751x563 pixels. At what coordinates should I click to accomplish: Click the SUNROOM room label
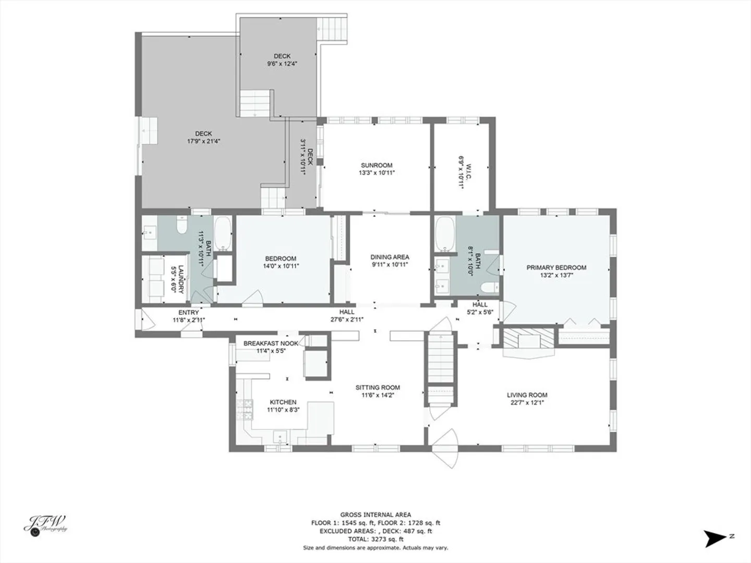click(x=377, y=165)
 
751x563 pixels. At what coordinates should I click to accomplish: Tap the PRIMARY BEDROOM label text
click(x=556, y=267)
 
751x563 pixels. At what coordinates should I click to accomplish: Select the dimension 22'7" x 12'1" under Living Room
click(x=527, y=402)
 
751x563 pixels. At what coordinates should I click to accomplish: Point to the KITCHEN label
click(x=283, y=402)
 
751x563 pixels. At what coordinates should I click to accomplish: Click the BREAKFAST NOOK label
click(x=271, y=343)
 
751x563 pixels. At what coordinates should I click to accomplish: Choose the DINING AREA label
click(x=390, y=257)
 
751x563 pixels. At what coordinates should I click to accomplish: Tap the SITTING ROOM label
click(x=378, y=388)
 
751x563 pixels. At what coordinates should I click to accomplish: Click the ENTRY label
click(x=188, y=312)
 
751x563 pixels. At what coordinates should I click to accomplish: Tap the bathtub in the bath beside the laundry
click(x=223, y=234)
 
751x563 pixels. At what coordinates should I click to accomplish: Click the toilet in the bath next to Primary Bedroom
click(x=490, y=288)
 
